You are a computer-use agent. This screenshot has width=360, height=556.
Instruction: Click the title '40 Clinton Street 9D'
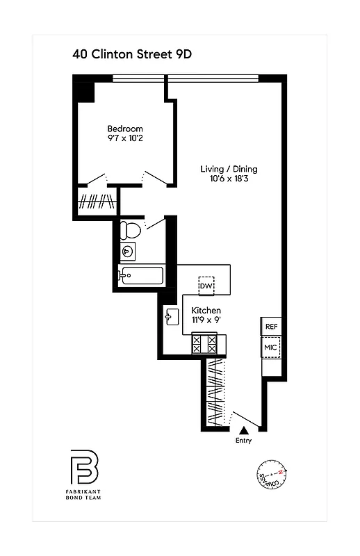click(x=131, y=54)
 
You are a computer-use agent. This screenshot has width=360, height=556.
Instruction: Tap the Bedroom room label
click(x=125, y=129)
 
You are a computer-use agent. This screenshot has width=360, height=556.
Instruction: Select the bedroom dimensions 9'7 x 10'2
click(x=125, y=139)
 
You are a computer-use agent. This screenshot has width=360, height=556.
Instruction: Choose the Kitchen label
click(x=206, y=310)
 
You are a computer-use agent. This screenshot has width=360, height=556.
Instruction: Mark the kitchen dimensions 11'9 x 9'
click(x=206, y=320)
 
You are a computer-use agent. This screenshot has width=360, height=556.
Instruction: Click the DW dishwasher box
click(x=206, y=286)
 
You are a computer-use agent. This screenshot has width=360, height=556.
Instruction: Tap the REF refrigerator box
click(x=270, y=327)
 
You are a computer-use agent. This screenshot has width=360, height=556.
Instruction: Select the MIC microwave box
click(x=270, y=347)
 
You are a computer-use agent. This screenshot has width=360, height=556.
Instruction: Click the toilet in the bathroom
click(x=131, y=230)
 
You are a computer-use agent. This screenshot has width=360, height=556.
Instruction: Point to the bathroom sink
click(x=127, y=252)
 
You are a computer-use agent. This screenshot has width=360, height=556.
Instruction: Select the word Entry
click(x=243, y=441)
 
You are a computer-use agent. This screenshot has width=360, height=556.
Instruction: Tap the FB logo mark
click(x=83, y=468)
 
